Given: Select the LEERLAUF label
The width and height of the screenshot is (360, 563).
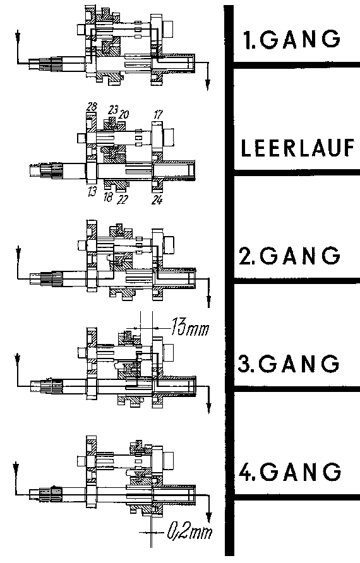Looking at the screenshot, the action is [x=297, y=148].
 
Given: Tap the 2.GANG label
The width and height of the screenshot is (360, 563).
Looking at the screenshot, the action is [x=290, y=255].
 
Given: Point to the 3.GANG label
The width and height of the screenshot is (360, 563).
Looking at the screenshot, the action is [x=289, y=364].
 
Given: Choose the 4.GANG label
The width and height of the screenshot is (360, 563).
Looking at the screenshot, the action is [x=290, y=471].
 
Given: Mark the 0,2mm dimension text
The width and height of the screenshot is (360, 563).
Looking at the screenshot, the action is [x=189, y=532].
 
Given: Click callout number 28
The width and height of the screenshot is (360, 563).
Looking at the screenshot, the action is [x=92, y=106].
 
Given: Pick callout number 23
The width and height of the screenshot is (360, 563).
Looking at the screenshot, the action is [x=113, y=110].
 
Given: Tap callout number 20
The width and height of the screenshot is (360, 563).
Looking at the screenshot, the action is [x=124, y=114].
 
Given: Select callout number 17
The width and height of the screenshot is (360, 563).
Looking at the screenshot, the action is [x=158, y=114].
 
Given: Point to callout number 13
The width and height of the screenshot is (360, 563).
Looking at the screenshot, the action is [x=92, y=191].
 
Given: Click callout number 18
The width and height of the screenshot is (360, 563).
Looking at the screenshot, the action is [x=108, y=197].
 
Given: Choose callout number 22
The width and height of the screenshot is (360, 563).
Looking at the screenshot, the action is [x=122, y=199].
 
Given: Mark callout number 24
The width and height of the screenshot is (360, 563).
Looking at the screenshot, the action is [x=157, y=199].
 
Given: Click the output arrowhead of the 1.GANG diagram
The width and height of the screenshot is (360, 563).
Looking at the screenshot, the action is [x=207, y=85].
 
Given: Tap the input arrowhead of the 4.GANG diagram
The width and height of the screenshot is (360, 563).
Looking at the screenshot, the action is [x=15, y=468].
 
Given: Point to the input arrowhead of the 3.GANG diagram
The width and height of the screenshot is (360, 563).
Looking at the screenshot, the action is [x=17, y=359].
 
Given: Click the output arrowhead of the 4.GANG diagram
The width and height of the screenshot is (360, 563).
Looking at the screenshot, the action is [x=208, y=518].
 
